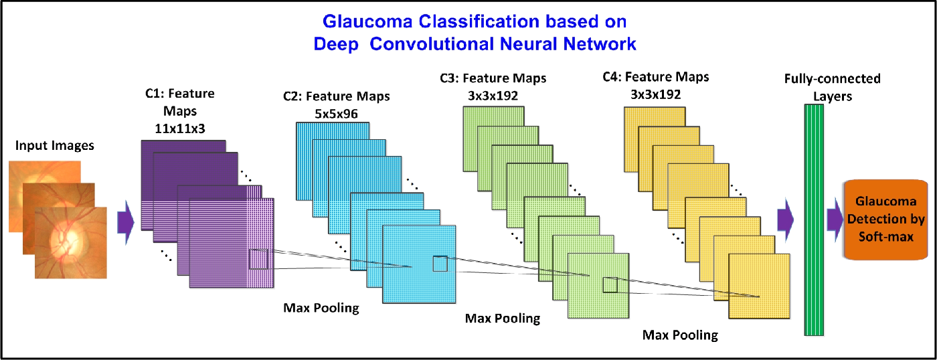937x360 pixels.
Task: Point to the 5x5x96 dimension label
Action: click(x=336, y=113)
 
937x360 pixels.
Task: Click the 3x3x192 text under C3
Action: click(x=493, y=95)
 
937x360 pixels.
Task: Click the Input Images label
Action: click(x=55, y=145)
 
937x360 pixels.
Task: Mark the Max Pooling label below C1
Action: click(x=321, y=308)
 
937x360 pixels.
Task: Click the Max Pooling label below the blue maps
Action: click(x=502, y=318)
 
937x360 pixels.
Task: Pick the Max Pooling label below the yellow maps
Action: click(x=680, y=334)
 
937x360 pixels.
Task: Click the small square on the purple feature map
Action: click(x=258, y=259)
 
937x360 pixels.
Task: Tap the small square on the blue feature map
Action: click(x=440, y=264)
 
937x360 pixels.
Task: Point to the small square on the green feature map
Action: click(x=610, y=285)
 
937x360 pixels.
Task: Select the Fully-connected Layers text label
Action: click(x=833, y=86)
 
